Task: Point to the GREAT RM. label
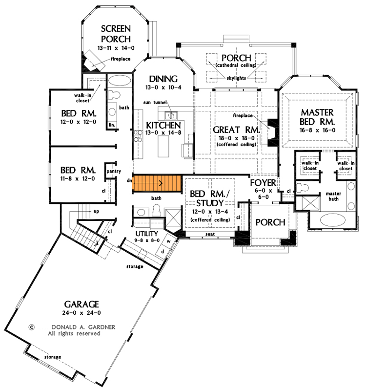click(x=235, y=130)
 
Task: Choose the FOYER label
click(x=264, y=183)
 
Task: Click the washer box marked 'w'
click(x=169, y=240)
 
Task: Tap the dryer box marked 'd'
click(x=163, y=252)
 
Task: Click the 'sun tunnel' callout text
click(x=155, y=103)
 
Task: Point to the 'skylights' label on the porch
click(x=235, y=78)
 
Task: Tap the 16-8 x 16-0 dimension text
click(x=318, y=130)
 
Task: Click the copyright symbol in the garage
click(x=31, y=327)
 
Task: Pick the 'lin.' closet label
click(x=112, y=125)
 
